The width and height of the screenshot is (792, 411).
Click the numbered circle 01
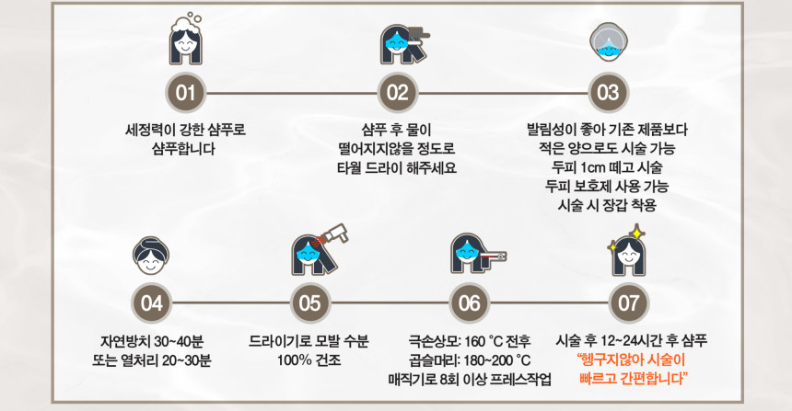pos(186,93)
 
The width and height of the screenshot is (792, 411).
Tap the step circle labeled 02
pos(398,93)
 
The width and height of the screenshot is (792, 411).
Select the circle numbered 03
pos(608,93)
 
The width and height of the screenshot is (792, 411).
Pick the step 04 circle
pos(151,303)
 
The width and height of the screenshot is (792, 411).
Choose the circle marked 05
pos(310,303)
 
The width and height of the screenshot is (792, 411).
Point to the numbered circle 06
pos(470,303)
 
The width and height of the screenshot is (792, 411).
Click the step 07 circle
pos(628,303)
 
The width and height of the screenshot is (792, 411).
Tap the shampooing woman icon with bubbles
pos(186,39)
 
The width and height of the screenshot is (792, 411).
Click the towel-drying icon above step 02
pos(404,44)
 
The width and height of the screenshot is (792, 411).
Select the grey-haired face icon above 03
pos(608,41)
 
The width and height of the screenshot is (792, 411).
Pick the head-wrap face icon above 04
pos(151,256)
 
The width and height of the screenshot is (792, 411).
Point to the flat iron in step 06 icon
pos(493,257)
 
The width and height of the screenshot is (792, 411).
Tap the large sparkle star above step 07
pos(637,233)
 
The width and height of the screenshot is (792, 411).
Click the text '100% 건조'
pos(309,360)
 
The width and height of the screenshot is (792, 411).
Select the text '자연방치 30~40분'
pos(152,342)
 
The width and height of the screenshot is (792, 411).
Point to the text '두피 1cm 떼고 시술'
pos(607,167)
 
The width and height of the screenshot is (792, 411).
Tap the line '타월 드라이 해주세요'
pos(397,167)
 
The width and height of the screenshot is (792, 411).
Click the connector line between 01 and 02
pos(291,93)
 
